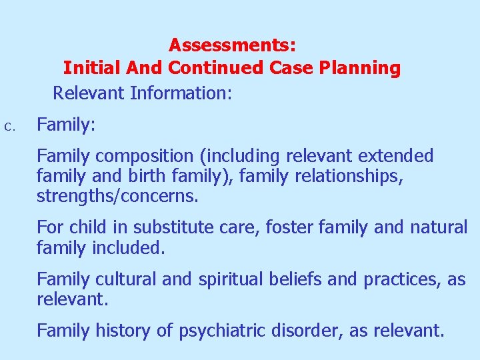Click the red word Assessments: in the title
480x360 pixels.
(232, 45)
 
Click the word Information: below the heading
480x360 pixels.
(181, 93)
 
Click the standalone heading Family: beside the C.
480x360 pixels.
(66, 125)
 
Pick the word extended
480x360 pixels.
(396, 156)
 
